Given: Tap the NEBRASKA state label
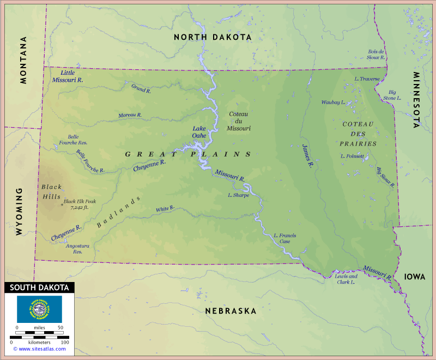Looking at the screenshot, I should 231,311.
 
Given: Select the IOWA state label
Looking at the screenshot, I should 415,277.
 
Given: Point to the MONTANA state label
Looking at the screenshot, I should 23,60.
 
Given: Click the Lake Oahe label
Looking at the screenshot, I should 199,133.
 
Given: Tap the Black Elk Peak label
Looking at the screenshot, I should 80,204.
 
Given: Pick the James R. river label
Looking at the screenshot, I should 307,155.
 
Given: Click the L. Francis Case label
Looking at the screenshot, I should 285,238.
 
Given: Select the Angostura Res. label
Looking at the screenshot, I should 74,249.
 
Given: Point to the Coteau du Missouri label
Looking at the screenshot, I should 239,121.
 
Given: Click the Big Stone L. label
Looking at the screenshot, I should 393,95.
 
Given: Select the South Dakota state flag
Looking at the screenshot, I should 39,309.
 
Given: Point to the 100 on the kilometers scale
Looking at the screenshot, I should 64,342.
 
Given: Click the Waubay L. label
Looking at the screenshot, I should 332,103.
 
